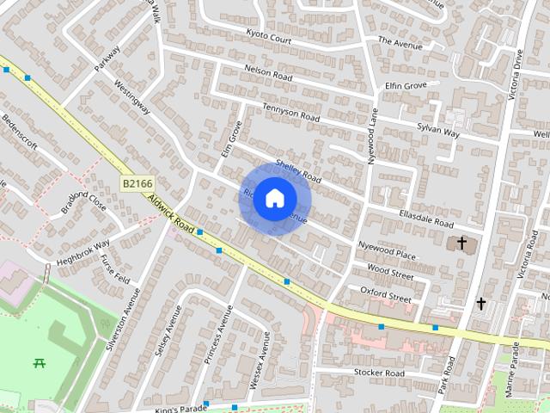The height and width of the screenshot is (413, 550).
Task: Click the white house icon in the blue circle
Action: (x=274, y=199)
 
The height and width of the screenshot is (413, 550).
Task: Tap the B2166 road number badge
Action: (x=137, y=183)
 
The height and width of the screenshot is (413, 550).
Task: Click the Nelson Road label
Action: (x=269, y=75)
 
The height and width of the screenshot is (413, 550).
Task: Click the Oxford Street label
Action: (x=386, y=293)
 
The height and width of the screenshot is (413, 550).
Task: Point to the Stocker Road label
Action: (x=379, y=373)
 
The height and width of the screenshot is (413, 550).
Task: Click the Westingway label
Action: (x=133, y=97)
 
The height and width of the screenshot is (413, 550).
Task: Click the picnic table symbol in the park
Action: (x=40, y=363)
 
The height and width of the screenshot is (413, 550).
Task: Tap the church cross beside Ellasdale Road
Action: (x=461, y=243)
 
